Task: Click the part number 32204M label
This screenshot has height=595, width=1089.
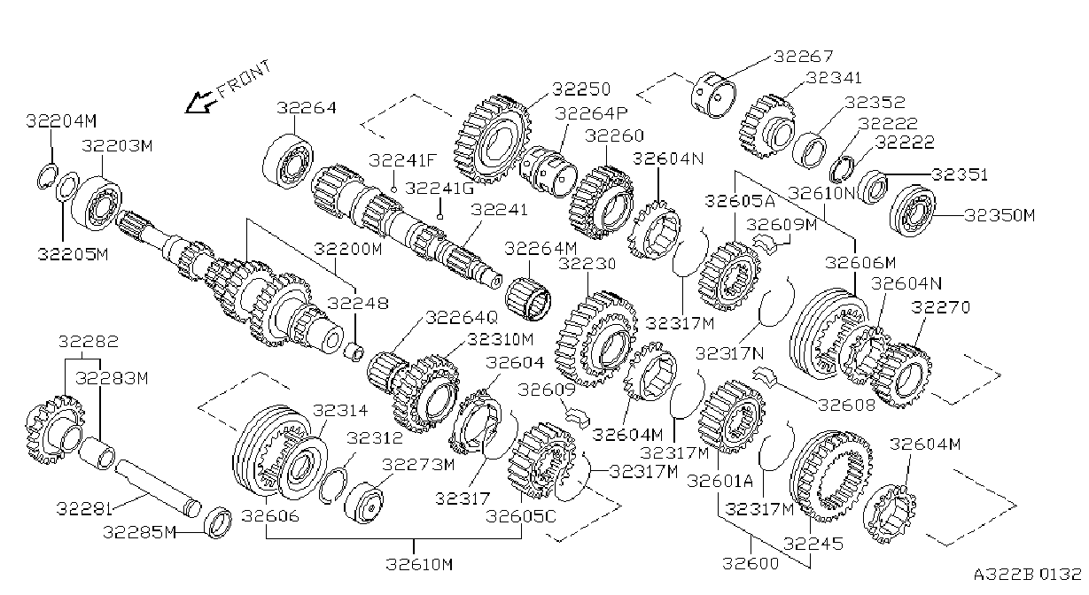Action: click(61, 121)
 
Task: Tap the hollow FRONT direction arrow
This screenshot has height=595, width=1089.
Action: click(201, 102)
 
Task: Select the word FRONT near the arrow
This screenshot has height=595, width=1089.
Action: click(244, 79)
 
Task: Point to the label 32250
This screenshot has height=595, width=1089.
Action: click(581, 89)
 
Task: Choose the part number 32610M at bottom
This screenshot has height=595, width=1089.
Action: click(419, 564)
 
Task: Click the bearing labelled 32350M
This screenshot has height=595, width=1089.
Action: click(913, 212)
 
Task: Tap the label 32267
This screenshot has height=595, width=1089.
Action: click(803, 57)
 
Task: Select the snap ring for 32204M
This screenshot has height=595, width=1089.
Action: click(47, 178)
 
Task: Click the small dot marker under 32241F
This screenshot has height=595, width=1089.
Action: click(393, 189)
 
